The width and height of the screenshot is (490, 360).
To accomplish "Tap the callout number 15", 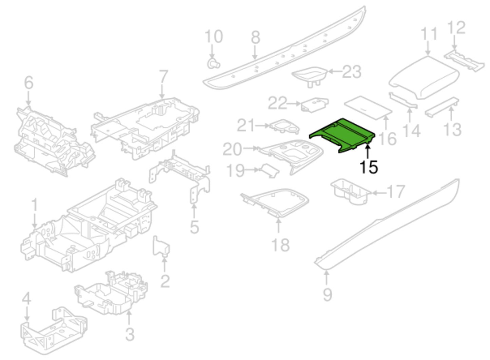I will click(x=368, y=167).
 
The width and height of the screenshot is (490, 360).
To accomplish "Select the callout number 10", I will click(x=214, y=37).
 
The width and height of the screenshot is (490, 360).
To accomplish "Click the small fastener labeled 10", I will click(x=213, y=63).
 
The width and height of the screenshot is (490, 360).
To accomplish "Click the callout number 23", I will click(x=352, y=72).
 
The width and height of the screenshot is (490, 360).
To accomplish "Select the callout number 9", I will click(x=327, y=295).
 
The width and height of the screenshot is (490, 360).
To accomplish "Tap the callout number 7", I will click(x=163, y=77).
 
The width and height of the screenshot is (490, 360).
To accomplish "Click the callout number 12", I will click(x=456, y=28).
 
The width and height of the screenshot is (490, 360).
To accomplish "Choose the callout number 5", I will click(x=194, y=227).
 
